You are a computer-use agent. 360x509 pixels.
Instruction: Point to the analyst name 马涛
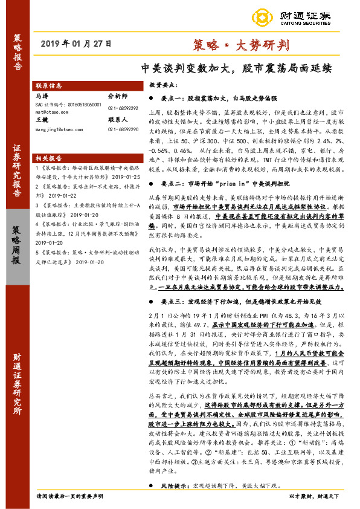(x=42, y=96)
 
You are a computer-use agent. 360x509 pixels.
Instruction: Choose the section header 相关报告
(x=49, y=156)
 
